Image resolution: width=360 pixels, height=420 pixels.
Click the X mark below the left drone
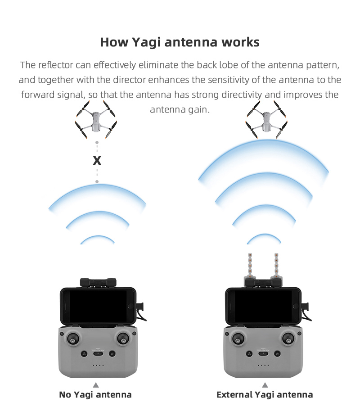[97, 161]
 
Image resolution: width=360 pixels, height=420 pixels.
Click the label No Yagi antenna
[95, 395]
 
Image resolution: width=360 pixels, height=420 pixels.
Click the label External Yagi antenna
[265, 395]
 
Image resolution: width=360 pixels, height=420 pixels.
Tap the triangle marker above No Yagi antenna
[95, 384]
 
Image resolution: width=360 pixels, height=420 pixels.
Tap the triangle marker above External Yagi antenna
[265, 384]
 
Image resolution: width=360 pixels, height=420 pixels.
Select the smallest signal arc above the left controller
[97, 238]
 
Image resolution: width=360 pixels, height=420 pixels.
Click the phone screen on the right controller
[263, 306]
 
